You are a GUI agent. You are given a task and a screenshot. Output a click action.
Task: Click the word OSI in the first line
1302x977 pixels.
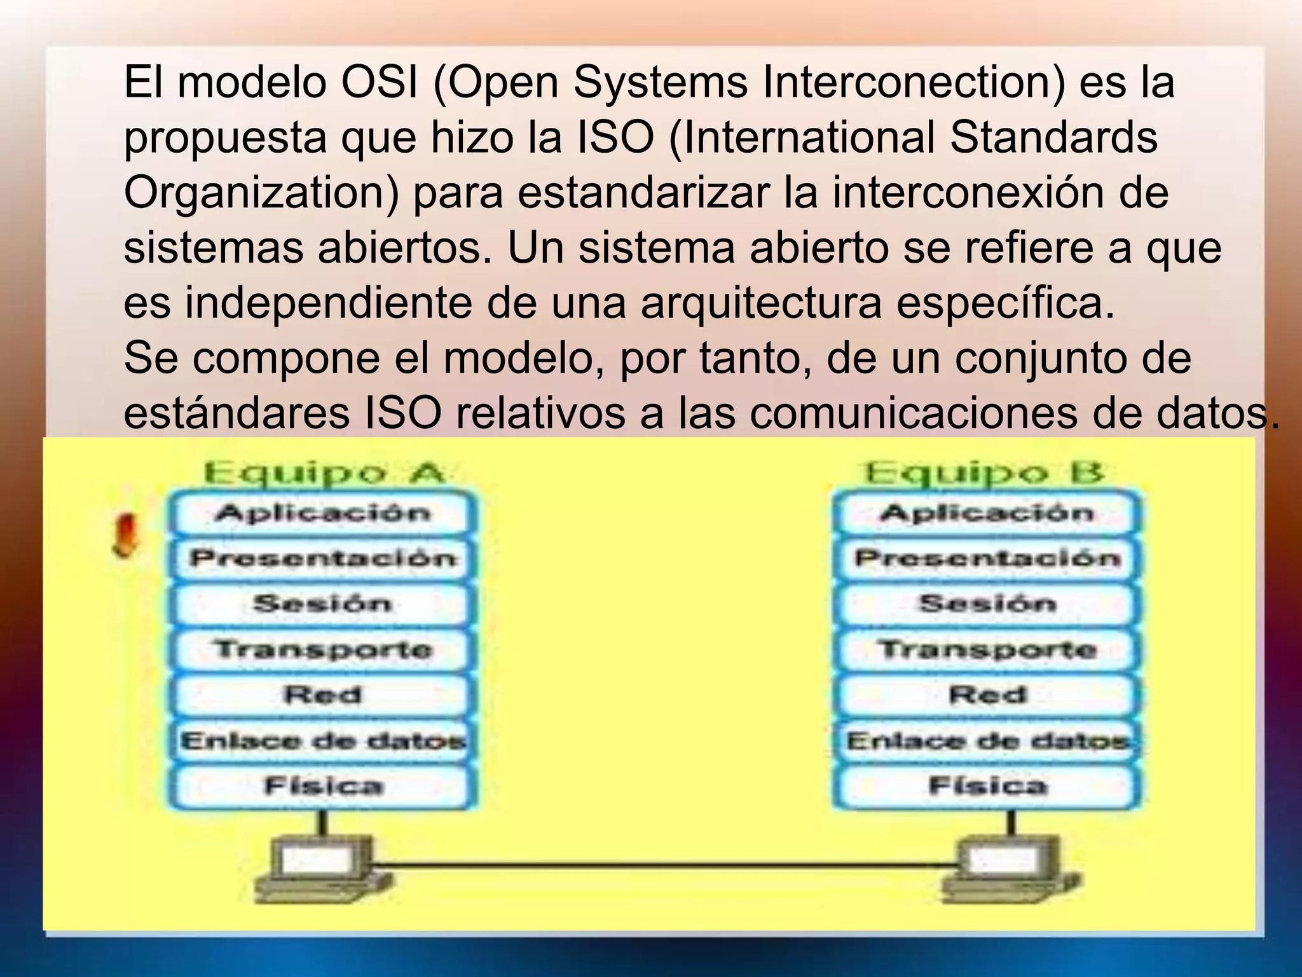point(380,83)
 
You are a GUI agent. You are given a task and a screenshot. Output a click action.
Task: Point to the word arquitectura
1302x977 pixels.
point(761,303)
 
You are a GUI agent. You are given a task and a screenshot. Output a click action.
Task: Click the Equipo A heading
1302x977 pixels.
point(323,473)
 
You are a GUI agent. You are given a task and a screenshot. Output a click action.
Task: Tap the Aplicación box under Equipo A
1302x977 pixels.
point(323,513)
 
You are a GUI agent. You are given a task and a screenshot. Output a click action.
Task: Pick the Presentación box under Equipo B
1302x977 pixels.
point(987,558)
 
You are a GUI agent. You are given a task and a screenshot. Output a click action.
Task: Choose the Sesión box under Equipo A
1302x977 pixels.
point(323,604)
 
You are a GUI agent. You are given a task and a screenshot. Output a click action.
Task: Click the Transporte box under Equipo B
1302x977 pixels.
point(987,649)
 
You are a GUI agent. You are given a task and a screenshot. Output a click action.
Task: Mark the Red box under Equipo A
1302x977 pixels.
point(323,695)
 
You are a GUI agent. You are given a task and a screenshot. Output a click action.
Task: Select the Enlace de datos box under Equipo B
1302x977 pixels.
point(987,740)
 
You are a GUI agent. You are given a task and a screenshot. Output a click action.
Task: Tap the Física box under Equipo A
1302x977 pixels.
point(323,786)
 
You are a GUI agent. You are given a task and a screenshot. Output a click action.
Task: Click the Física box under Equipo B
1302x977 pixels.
point(987,786)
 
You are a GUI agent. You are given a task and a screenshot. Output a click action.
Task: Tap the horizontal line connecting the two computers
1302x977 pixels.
point(664,864)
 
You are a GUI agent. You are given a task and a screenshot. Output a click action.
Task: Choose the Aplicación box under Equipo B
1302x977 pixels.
point(987,513)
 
